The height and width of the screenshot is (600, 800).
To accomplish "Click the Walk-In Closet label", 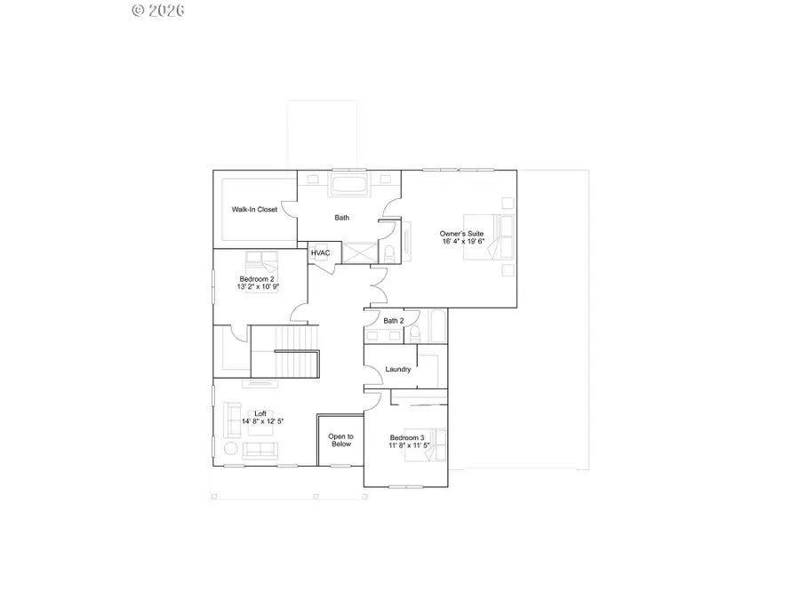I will click(254, 210).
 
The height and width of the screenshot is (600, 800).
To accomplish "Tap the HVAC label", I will click(321, 253).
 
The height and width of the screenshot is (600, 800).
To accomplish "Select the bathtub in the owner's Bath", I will click(348, 187).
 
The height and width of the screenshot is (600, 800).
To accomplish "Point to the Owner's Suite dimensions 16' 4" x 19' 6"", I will click(462, 241).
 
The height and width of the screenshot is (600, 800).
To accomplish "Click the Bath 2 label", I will click(394, 321).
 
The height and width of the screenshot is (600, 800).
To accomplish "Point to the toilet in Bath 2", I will click(413, 334).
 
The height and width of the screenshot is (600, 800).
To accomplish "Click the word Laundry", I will click(397, 369).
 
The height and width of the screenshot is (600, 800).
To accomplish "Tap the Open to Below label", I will click(340, 440).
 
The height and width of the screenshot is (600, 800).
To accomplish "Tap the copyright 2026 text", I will click(158, 11).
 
